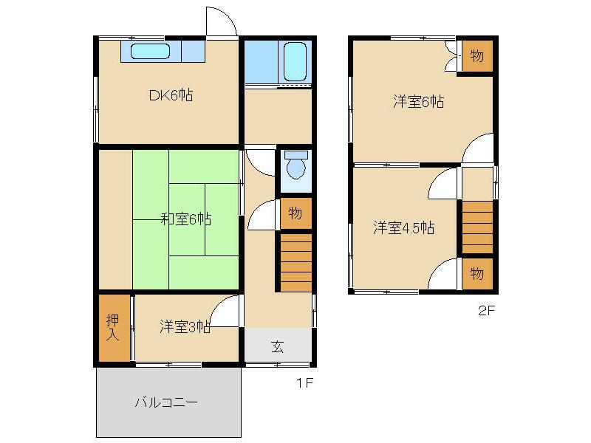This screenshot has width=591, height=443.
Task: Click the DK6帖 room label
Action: click(171, 95)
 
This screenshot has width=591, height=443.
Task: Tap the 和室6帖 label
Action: click(186, 219)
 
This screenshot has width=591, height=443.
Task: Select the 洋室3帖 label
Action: click(185, 327)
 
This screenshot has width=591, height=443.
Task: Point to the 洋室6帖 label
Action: click(418, 103)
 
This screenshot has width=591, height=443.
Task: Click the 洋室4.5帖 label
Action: click(403, 228)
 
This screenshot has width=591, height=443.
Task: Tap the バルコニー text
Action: click(166, 403)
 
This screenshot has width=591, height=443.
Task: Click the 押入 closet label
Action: click(113, 327)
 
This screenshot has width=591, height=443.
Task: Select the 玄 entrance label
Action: click(277, 346)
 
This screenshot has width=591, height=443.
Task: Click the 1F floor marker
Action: click(306, 383)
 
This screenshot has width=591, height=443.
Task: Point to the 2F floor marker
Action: click(485, 311)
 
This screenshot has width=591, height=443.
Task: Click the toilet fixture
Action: click(295, 166)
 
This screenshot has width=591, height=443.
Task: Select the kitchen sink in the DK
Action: click(151, 52)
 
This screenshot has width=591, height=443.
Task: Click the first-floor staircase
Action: click(295, 261)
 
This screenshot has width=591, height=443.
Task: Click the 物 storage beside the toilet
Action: click(295, 214)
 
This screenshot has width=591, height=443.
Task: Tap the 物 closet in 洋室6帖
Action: click(476, 56)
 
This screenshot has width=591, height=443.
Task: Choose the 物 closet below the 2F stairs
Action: click(476, 274)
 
